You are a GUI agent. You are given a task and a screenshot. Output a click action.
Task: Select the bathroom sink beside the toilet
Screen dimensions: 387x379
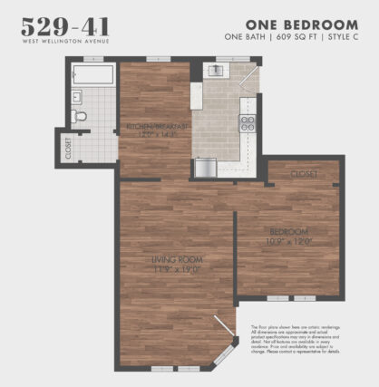tap(77, 94)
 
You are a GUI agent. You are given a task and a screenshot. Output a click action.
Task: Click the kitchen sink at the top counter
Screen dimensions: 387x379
tap(218, 70)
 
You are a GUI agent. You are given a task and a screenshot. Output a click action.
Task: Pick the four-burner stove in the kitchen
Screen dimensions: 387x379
tap(247, 122)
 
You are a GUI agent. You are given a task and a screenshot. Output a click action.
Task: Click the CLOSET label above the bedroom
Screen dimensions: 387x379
tap(305, 174)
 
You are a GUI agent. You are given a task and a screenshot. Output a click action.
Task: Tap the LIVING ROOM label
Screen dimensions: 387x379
tap(173, 260)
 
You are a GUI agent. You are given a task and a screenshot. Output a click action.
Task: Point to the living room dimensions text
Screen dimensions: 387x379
tap(173, 270)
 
